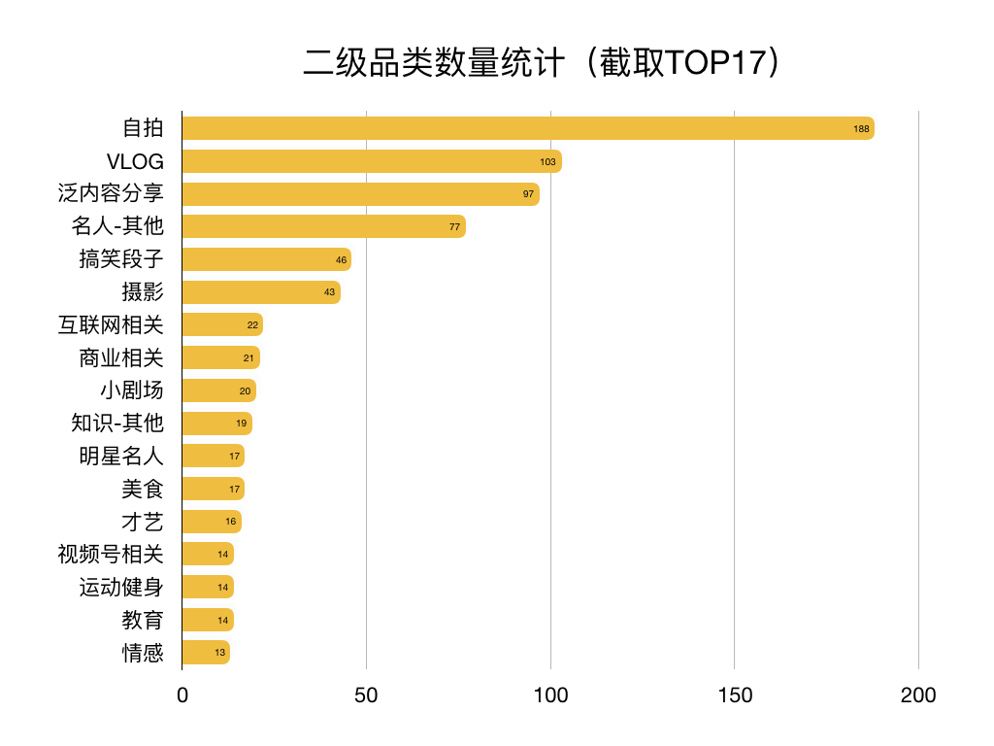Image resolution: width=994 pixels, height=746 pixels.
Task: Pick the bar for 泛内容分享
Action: (360, 194)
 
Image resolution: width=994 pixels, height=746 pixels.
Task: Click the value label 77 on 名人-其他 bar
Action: (454, 226)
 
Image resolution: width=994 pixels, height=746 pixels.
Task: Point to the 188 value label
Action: (861, 128)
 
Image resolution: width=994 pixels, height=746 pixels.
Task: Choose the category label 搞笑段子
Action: (121, 259)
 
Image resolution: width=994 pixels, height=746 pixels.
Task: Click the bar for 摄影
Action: (261, 292)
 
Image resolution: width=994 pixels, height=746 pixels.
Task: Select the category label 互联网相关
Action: (111, 325)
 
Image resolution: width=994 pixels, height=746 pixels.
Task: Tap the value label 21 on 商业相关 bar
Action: (248, 358)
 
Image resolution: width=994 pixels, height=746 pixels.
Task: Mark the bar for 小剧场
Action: (218, 390)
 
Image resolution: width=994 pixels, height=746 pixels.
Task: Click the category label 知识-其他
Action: (117, 424)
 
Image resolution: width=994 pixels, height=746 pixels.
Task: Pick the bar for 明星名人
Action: (213, 457)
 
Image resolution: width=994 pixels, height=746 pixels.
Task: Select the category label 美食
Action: (143, 489)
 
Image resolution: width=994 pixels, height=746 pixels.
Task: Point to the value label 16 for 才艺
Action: (231, 522)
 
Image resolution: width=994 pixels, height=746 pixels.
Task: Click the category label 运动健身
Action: (121, 587)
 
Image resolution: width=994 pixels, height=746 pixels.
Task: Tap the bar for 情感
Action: (206, 653)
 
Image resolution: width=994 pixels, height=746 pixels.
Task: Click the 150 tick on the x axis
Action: (734, 695)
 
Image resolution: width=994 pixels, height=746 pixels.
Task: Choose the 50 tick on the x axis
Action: (366, 695)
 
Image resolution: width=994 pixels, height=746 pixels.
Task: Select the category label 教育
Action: (143, 620)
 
